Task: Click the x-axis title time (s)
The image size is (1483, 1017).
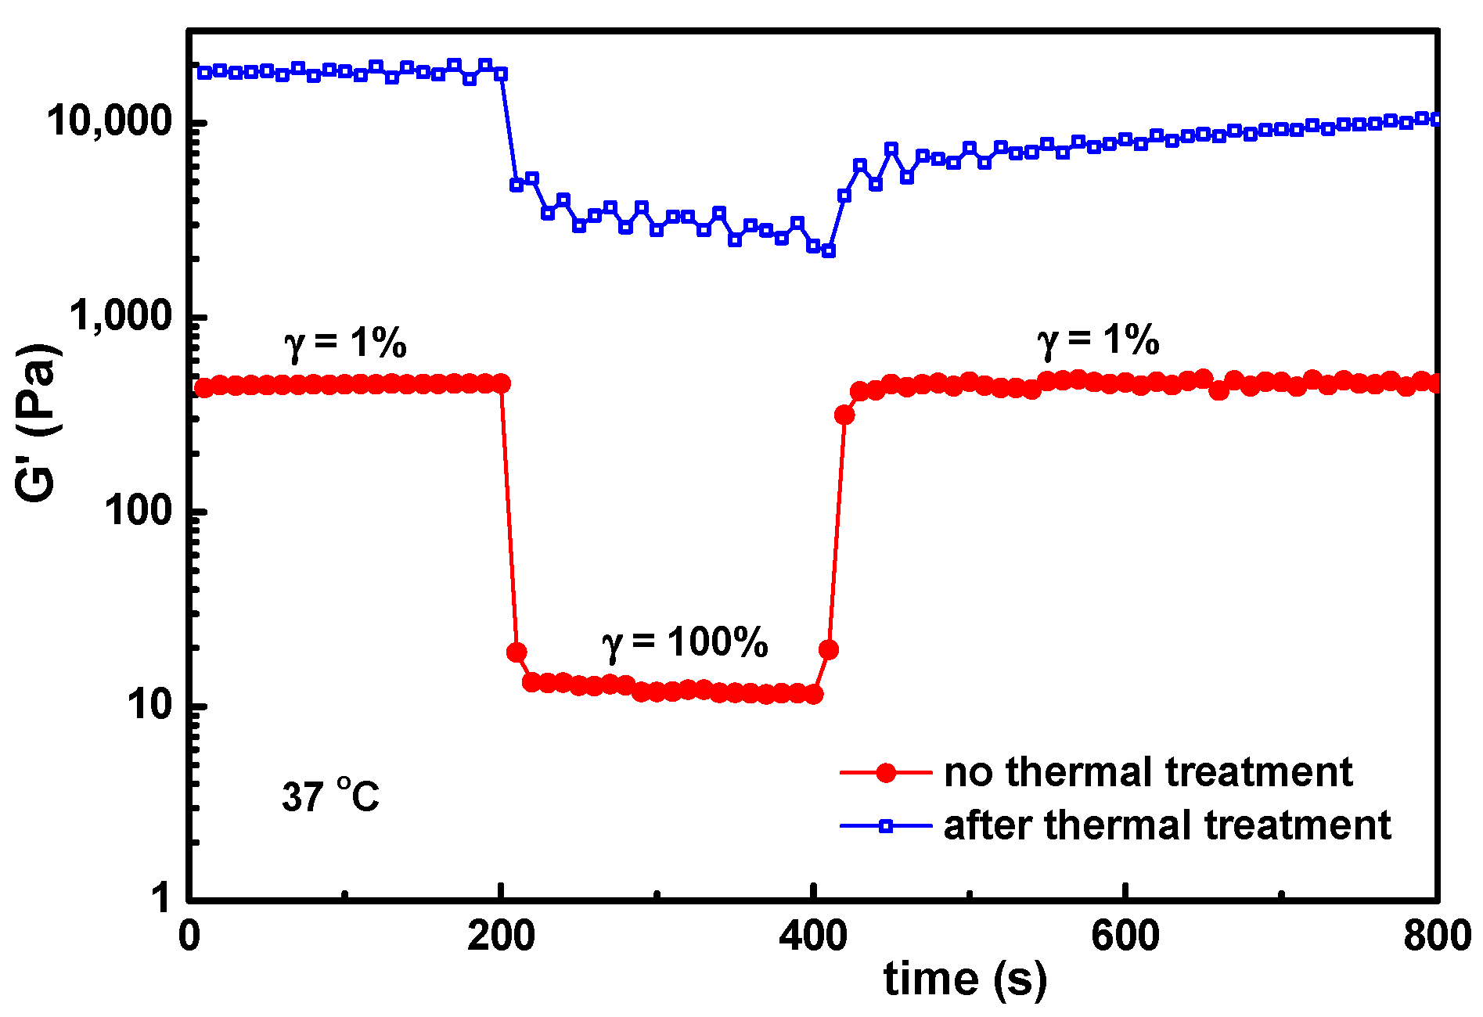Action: [x=965, y=979]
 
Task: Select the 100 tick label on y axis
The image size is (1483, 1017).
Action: [x=138, y=511]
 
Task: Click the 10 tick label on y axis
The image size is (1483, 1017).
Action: [x=149, y=705]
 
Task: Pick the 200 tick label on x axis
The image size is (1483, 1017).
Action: [x=501, y=936]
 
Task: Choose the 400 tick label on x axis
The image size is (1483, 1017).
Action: [x=813, y=936]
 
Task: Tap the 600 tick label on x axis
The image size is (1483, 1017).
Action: [x=1125, y=936]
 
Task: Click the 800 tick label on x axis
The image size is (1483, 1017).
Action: [x=1437, y=936]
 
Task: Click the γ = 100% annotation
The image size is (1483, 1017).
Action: [x=685, y=643]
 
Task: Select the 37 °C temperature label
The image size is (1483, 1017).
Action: [x=330, y=796]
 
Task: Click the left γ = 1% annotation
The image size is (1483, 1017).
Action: [x=345, y=343]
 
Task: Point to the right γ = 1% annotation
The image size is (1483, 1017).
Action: [x=1098, y=341]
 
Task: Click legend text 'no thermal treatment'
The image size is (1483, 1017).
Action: [x=1148, y=772]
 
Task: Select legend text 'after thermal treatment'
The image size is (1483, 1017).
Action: [x=1167, y=825]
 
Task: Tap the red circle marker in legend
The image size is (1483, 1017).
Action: [x=886, y=773]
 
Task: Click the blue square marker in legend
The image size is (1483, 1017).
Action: [x=886, y=826]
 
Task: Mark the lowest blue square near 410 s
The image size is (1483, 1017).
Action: [x=829, y=251]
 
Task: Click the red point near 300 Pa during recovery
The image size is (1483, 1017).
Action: [x=844, y=415]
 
